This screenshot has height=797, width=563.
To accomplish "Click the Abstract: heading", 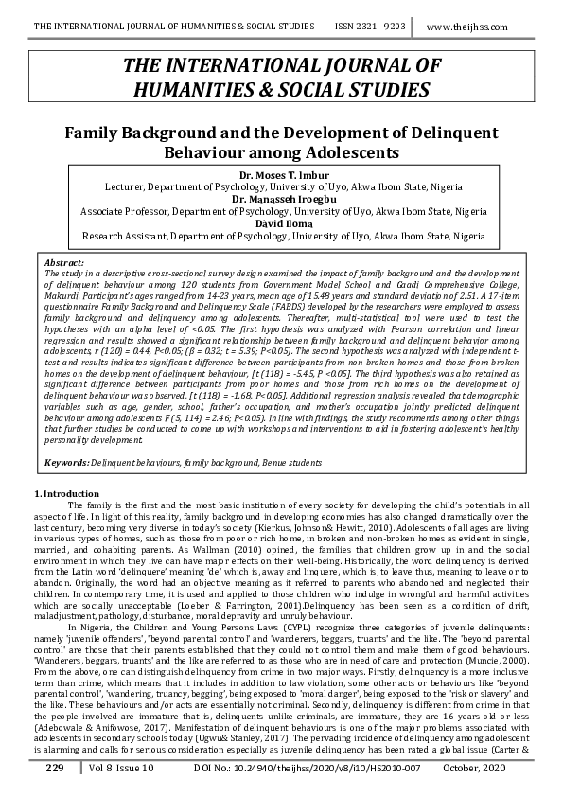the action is pos(64,260).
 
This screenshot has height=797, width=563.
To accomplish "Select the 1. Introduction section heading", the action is pos(65,494).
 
